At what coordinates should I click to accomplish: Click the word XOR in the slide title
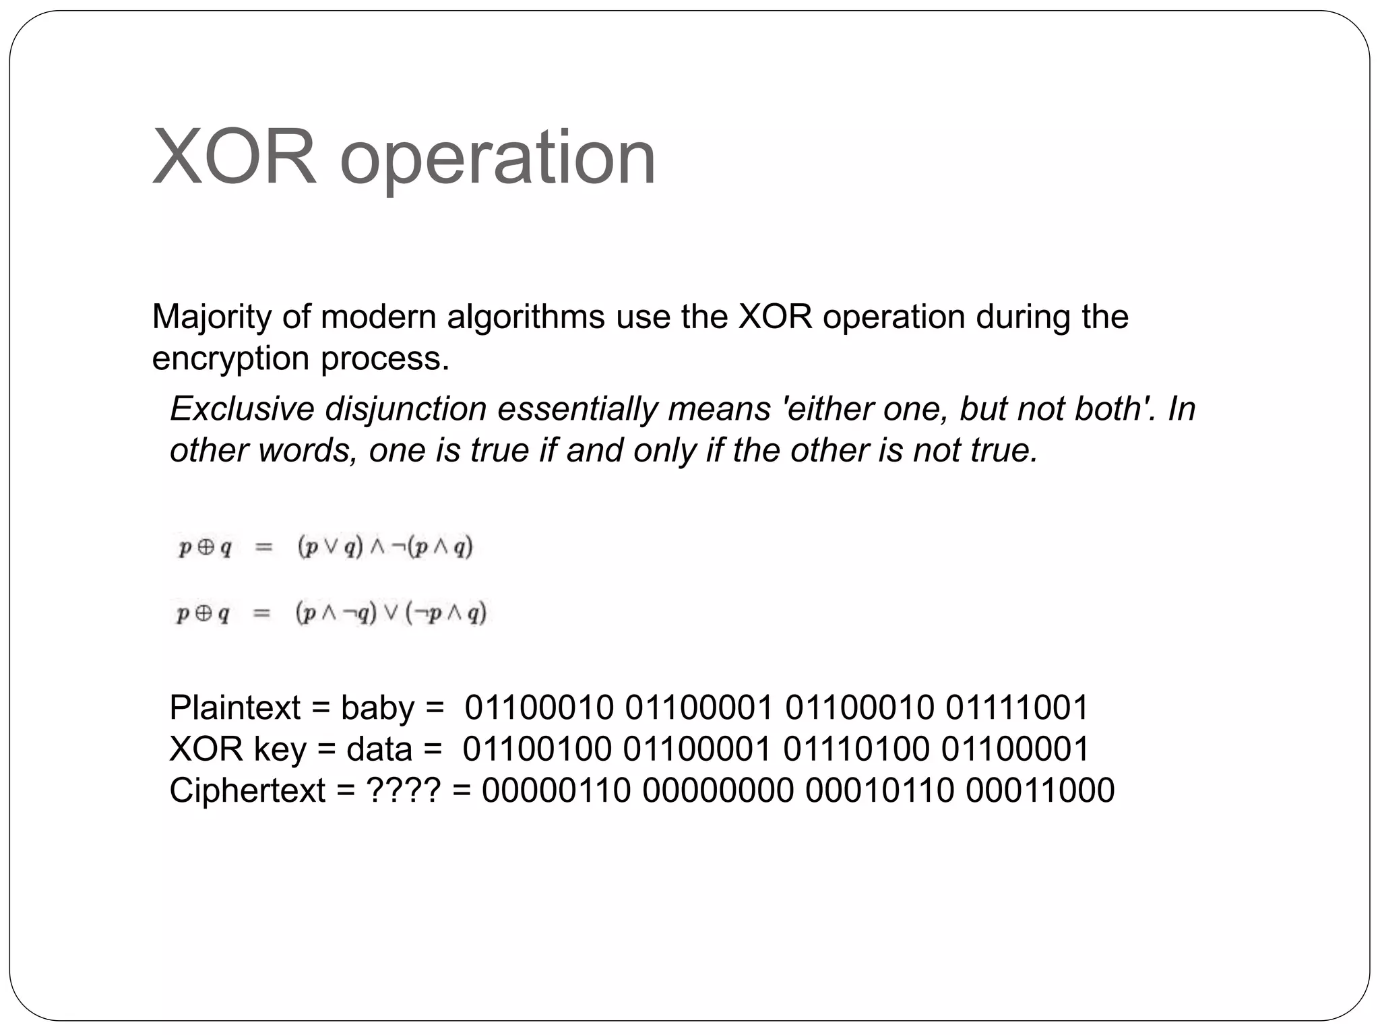[234, 158]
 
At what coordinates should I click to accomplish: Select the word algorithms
[526, 317]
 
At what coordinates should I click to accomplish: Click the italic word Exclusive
[241, 409]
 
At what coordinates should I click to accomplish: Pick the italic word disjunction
[406, 409]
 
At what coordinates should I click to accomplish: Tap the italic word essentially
[577, 409]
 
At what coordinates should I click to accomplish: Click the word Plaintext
[234, 708]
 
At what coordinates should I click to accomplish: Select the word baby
[377, 708]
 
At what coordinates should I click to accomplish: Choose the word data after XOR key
[379, 749]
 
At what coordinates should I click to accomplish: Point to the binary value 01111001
[1017, 708]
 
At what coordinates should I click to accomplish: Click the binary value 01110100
[856, 749]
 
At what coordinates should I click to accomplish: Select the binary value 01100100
[537, 749]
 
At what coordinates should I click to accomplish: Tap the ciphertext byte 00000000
[718, 790]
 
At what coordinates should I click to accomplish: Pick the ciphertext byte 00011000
[1040, 790]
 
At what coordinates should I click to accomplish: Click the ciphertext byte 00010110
[879, 790]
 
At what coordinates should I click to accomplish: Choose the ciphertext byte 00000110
[556, 790]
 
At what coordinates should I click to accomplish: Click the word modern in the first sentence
[379, 317]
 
